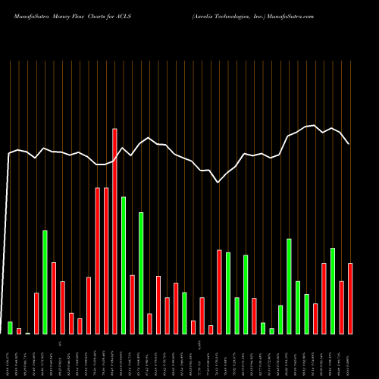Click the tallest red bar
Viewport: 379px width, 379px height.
(114, 231)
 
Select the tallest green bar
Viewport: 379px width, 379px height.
(124, 265)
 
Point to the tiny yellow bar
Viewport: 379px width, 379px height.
(27, 333)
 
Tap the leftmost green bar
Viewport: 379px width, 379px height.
(10, 327)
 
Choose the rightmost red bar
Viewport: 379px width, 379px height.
(350, 298)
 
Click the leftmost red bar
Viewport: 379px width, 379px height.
(19, 330)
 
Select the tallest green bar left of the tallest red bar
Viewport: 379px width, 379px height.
(45, 282)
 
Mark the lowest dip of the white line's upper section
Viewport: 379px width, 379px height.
(218, 182)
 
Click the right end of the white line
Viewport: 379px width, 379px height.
(349, 144)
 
